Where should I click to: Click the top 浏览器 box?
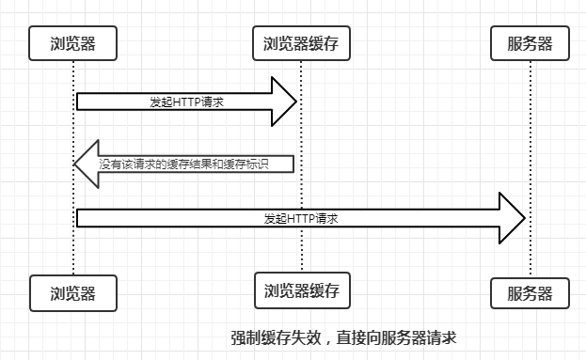point(73,42)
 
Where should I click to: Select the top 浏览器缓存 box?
point(301,42)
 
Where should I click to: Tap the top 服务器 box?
point(531,42)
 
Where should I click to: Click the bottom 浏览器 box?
point(73,292)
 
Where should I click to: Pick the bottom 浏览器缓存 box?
point(301,290)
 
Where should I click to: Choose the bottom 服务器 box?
point(531,292)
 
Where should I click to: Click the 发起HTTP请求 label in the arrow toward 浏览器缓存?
point(185,101)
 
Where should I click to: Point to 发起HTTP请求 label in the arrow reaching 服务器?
point(301,218)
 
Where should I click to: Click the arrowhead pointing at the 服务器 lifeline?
point(510,218)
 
